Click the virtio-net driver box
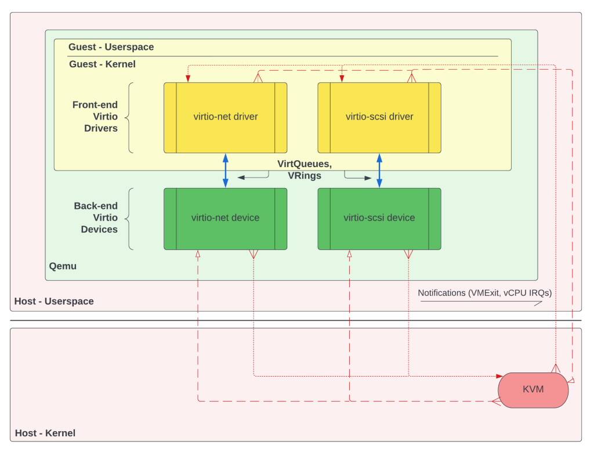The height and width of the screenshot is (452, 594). pyautogui.click(x=225, y=117)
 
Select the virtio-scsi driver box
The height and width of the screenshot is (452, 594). pyautogui.click(x=379, y=117)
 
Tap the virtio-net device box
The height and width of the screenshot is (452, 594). pyautogui.click(x=225, y=219)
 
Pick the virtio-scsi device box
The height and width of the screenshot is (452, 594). pyautogui.click(x=379, y=219)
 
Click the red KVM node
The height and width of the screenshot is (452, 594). pyautogui.click(x=533, y=390)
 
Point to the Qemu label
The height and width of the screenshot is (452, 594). pyautogui.click(x=63, y=266)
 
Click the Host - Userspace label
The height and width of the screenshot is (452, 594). pyautogui.click(x=54, y=301)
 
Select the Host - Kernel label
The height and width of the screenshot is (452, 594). pyautogui.click(x=45, y=433)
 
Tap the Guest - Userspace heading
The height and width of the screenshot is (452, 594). pyautogui.click(x=111, y=47)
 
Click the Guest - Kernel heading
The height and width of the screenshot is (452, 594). pyautogui.click(x=102, y=64)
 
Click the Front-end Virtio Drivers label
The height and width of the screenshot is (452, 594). pyautogui.click(x=95, y=117)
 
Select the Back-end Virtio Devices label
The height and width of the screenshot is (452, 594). pyautogui.click(x=96, y=218)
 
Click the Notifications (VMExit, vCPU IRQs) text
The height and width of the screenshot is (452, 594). pyautogui.click(x=484, y=293)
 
